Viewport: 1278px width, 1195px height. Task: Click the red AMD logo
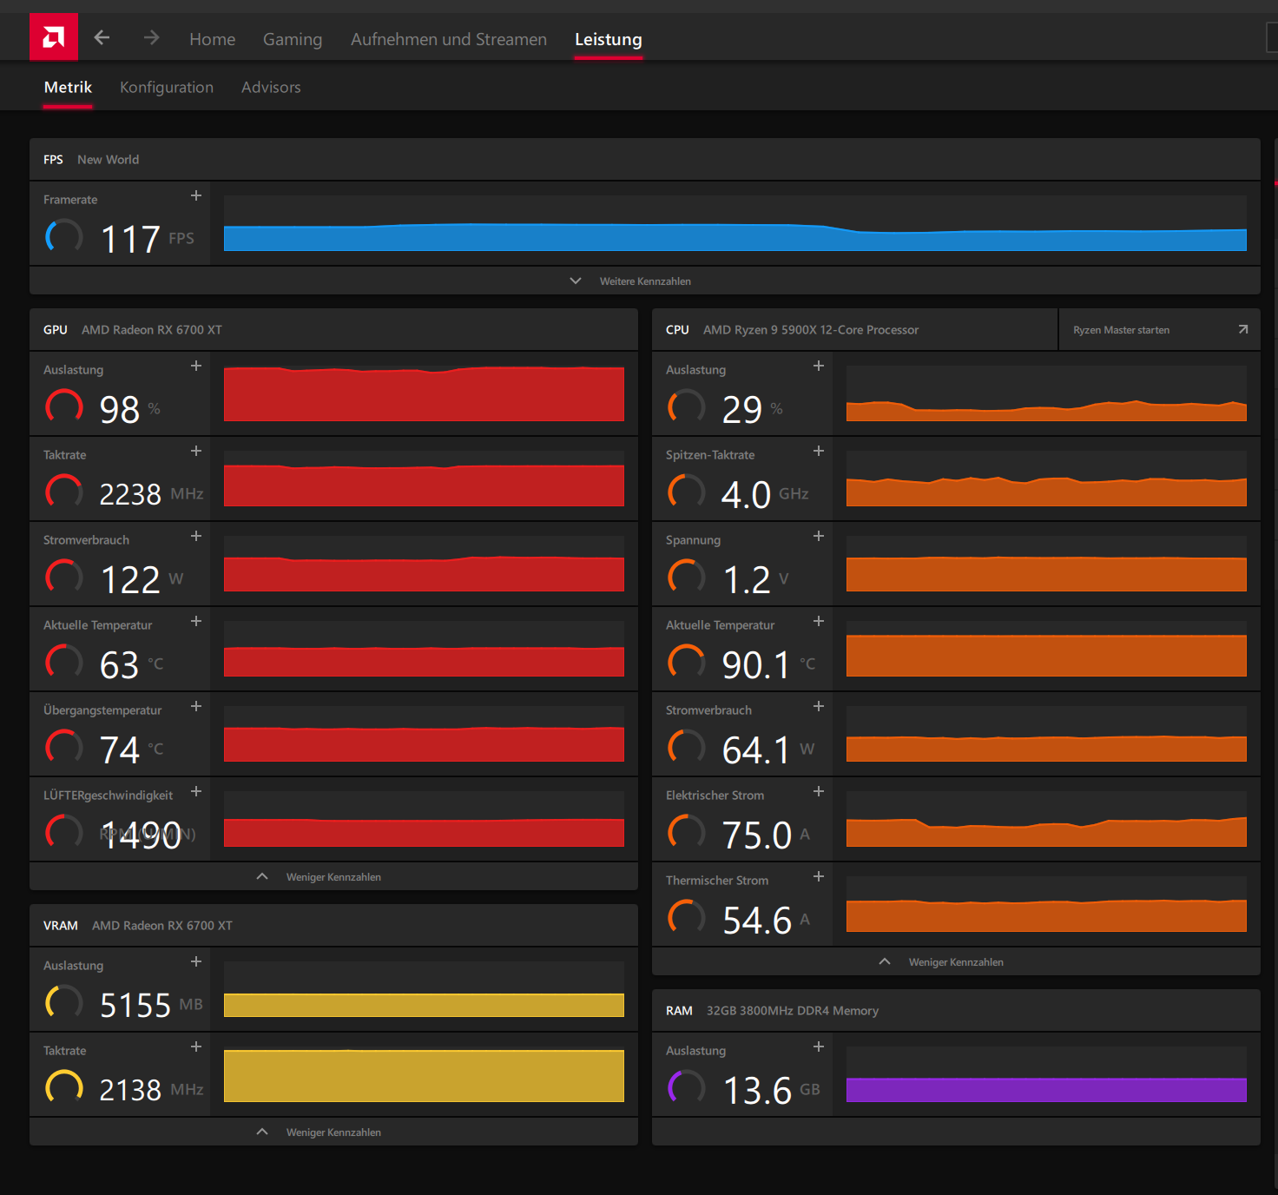click(54, 37)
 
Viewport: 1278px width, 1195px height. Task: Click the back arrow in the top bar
click(102, 37)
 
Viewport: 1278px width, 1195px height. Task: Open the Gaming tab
click(293, 39)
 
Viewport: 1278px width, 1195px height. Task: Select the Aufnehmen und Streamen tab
click(449, 39)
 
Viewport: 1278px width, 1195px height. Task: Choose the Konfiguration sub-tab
click(167, 87)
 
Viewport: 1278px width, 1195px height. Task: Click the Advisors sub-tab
click(271, 87)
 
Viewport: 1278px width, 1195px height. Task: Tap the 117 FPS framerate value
click(130, 239)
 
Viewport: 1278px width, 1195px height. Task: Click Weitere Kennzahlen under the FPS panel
click(644, 281)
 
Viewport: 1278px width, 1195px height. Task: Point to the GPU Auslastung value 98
click(120, 409)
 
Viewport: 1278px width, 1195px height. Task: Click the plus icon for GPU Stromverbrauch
click(196, 536)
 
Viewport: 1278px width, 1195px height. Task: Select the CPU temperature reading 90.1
click(755, 664)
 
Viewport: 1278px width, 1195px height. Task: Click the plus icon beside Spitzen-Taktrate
click(819, 451)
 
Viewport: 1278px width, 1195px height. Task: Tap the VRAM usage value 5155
click(135, 1005)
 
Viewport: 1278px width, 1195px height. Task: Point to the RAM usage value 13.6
click(757, 1090)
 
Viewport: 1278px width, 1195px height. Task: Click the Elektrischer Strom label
click(715, 796)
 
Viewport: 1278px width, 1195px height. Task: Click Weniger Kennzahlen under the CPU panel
click(955, 962)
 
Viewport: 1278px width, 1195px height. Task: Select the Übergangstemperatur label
click(102, 710)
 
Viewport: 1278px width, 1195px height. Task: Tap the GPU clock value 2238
click(130, 494)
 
